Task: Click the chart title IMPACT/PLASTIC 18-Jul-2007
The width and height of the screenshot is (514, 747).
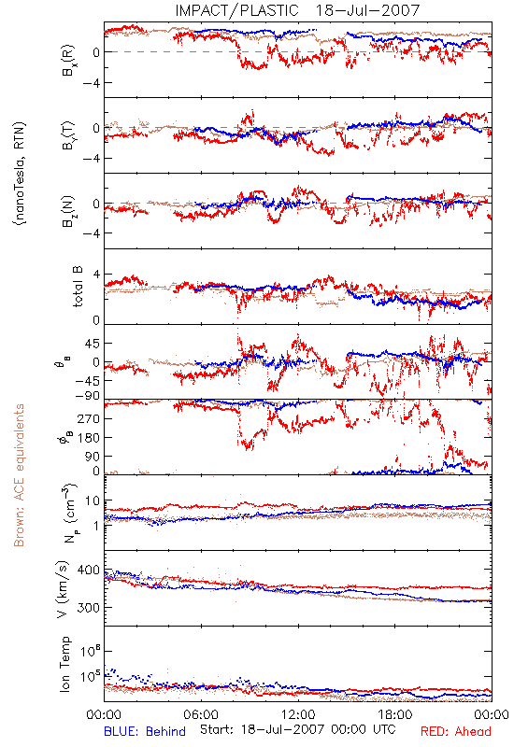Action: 297,10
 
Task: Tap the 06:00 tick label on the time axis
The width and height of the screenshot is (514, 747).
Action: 201,714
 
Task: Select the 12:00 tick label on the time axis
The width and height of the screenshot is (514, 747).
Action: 298,714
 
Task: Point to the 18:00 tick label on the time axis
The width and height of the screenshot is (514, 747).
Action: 395,714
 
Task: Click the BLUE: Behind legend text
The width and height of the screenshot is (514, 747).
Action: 145,731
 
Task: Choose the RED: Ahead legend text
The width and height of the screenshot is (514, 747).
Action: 456,731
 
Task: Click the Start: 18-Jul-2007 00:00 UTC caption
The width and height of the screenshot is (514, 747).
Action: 298,729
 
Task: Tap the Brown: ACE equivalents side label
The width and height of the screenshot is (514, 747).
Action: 19,475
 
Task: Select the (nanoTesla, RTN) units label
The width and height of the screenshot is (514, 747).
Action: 20,174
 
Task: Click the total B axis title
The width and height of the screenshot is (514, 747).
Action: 78,287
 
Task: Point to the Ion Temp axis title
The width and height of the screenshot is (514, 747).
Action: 64,664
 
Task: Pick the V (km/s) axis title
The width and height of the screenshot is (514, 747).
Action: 63,590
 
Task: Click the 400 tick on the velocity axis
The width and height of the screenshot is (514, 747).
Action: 89,570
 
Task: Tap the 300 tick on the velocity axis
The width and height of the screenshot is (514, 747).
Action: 89,608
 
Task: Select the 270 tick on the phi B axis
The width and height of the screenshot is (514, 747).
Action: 89,418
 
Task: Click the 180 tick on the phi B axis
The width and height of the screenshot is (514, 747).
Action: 89,437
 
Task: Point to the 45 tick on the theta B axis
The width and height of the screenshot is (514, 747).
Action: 93,344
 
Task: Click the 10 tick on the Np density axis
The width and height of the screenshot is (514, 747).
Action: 93,500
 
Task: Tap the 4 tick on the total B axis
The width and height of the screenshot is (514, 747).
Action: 96,275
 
